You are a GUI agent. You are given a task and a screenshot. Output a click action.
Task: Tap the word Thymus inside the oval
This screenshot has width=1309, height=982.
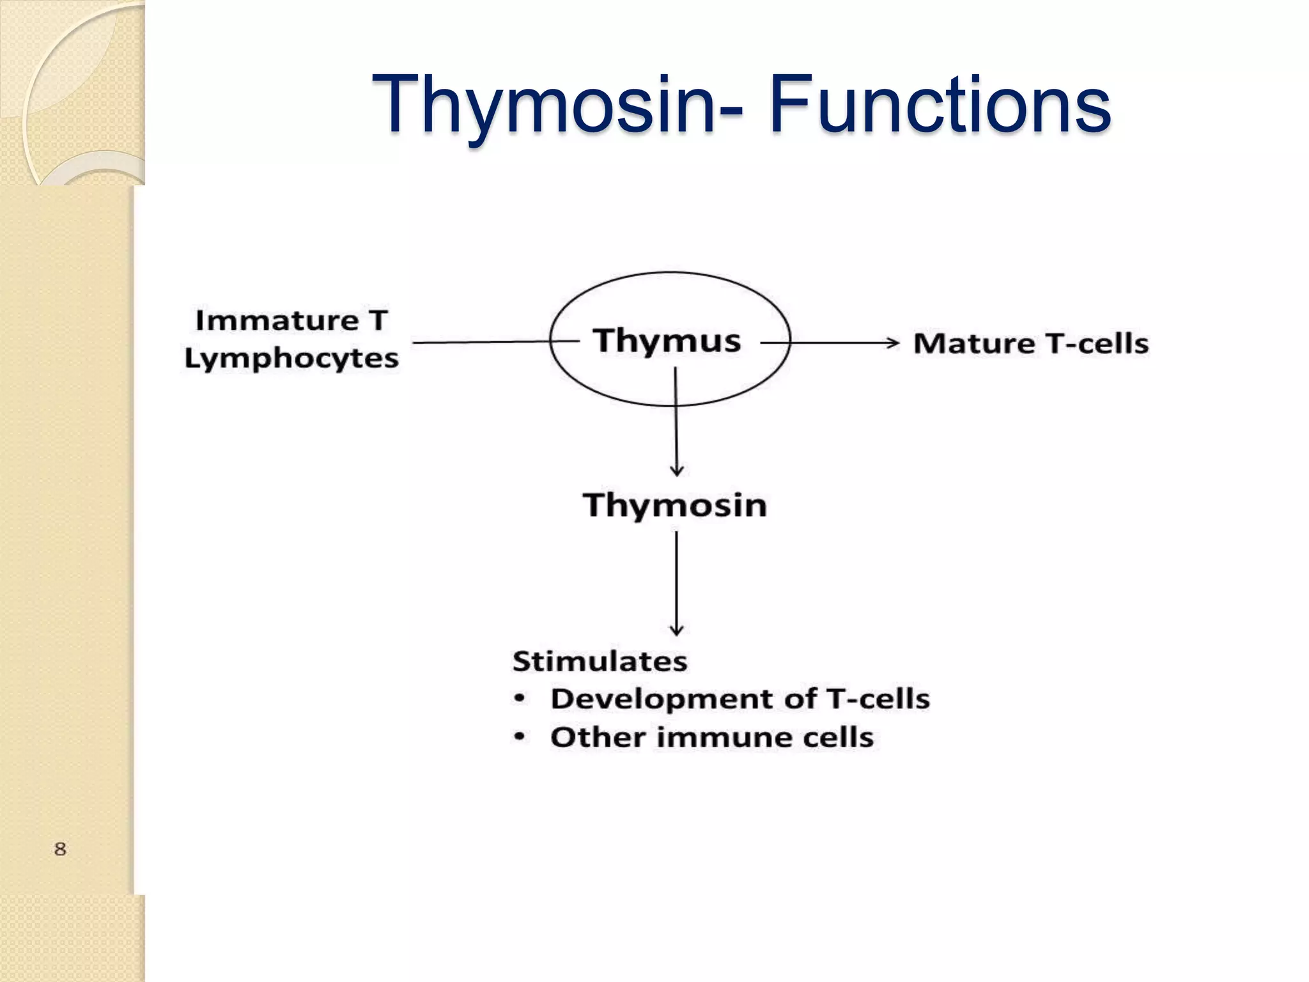(x=667, y=340)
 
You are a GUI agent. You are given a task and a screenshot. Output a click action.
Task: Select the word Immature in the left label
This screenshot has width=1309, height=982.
(x=277, y=320)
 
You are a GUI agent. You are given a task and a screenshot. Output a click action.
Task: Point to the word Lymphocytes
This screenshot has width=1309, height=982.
(x=291, y=358)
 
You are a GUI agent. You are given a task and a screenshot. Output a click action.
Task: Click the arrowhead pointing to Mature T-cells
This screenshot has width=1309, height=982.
(x=894, y=343)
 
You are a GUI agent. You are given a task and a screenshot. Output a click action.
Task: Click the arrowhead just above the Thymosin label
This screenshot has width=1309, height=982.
(x=677, y=471)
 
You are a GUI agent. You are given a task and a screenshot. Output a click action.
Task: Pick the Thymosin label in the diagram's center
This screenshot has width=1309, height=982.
(x=675, y=505)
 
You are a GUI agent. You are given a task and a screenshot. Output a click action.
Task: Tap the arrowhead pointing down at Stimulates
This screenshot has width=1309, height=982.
(x=677, y=630)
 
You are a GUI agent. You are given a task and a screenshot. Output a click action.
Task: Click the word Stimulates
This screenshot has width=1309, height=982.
(x=600, y=661)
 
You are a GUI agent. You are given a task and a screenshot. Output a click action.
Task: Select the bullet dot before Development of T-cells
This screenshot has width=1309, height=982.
(x=520, y=699)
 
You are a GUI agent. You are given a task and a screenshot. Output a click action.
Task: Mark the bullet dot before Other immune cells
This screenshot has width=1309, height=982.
(x=520, y=737)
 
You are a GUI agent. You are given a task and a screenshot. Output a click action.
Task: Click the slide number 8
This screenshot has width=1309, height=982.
(x=60, y=849)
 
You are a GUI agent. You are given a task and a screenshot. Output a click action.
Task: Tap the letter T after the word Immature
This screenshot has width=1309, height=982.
(x=378, y=320)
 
